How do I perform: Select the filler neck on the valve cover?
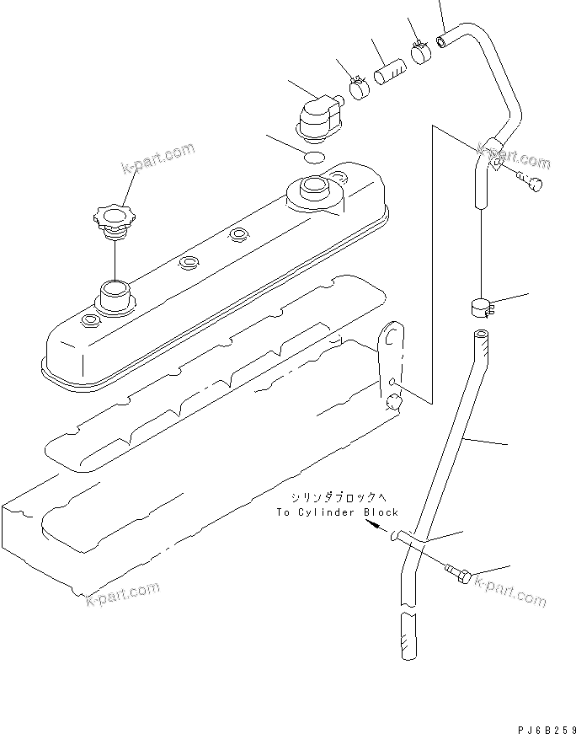click(x=113, y=297)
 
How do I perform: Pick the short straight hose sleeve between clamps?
click(x=390, y=68)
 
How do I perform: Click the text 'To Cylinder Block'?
click(x=337, y=512)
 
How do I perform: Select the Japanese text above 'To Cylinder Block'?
click(x=337, y=497)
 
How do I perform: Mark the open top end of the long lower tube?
click(x=481, y=337)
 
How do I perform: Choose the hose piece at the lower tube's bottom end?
click(x=405, y=636)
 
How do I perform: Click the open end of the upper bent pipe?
click(x=441, y=39)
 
